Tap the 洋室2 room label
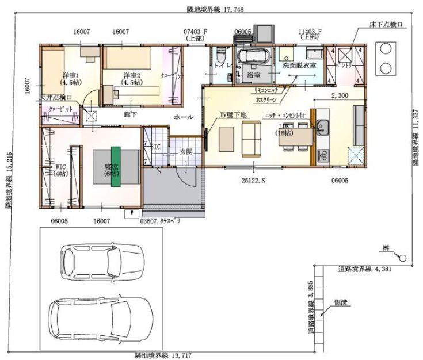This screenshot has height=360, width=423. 132,75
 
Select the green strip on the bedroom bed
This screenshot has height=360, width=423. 116,167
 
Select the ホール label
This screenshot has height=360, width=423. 184,117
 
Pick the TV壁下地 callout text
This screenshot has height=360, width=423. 233,115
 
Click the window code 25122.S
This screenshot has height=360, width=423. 253,180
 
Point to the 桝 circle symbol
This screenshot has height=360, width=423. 402,258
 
